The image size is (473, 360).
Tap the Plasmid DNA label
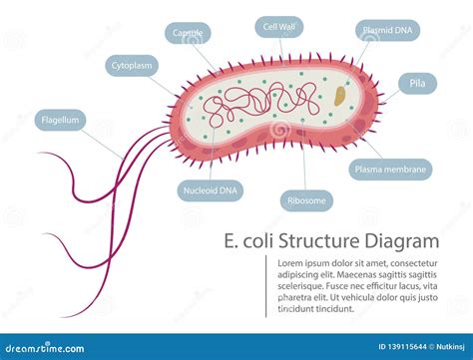[x=384, y=32]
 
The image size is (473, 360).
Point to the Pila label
[x=417, y=83]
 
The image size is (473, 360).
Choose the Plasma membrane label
[x=391, y=170]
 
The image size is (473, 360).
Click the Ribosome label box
[x=305, y=200]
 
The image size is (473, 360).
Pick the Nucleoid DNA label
[x=210, y=189]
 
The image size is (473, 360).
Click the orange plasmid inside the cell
[x=341, y=97]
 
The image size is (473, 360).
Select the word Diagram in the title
[x=404, y=241]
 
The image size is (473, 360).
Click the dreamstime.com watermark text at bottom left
[x=40, y=347]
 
